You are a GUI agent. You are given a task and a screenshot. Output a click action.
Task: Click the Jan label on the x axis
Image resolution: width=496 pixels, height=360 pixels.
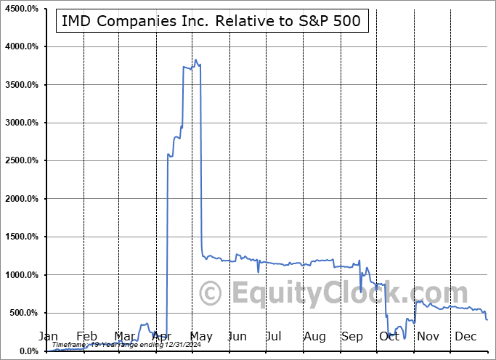pos(47,337)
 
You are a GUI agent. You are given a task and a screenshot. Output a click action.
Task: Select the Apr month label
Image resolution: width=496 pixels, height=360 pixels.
pos(162,337)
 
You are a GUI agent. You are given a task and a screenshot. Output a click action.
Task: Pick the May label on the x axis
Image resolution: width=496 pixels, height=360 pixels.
pos(200,337)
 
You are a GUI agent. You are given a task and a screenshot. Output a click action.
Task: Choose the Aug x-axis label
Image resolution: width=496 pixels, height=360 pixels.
pos(314,337)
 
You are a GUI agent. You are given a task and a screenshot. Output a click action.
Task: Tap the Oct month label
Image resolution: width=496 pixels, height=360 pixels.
pos(389,337)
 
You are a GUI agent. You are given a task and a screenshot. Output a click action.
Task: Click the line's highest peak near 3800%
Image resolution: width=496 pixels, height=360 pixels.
pos(195,60)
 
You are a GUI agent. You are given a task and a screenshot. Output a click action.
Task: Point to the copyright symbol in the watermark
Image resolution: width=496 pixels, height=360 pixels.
pos(211,294)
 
